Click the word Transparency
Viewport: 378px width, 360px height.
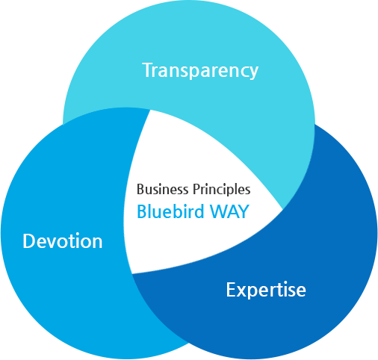[200, 70]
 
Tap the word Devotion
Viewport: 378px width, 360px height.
[63, 241]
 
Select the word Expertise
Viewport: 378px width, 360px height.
[266, 289]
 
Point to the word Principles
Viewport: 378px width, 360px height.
[221, 189]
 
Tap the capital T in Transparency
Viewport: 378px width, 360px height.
[147, 70]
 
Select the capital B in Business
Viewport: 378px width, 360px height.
[140, 189]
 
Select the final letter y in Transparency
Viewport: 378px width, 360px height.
[253, 72]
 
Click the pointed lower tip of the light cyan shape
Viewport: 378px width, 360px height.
[282, 208]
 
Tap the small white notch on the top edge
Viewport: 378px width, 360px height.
[231, 4]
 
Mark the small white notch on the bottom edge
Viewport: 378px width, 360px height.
[303, 353]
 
